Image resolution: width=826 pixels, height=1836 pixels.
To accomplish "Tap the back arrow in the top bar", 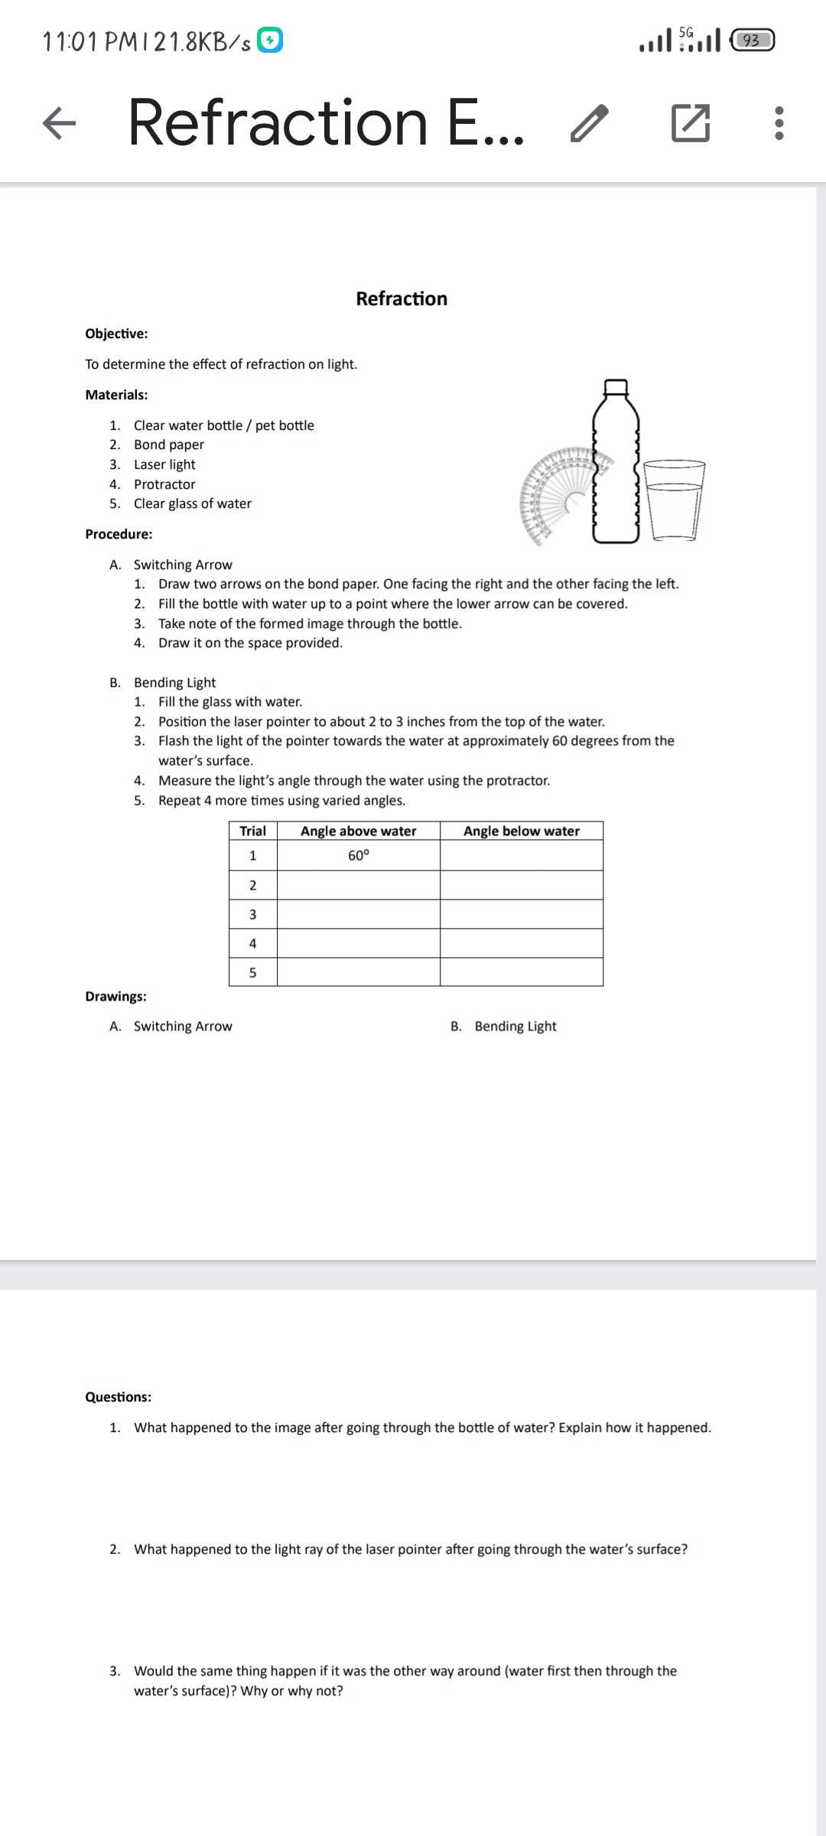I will tap(60, 123).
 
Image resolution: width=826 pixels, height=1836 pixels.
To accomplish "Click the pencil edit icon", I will tap(589, 123).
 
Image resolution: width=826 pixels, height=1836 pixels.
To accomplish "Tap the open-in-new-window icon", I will tap(690, 123).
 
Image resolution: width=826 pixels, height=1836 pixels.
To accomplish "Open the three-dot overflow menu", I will tap(779, 123).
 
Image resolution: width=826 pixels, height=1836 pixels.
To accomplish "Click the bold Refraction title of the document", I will tap(402, 298).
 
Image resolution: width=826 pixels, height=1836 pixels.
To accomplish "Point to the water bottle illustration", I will tap(616, 462).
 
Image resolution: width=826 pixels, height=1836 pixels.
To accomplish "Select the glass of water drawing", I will tap(674, 501).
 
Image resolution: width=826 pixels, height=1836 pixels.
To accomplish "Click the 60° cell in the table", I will tap(358, 856).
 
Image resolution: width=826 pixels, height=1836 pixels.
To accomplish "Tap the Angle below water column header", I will tap(522, 832).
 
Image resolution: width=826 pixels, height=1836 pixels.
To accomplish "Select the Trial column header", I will tap(252, 832).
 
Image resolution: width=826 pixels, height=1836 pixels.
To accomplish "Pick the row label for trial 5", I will tap(252, 972).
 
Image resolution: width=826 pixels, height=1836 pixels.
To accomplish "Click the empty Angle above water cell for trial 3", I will tap(358, 914).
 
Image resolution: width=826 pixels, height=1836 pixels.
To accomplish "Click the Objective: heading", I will tap(116, 334).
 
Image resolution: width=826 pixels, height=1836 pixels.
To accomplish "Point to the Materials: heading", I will tap(116, 395).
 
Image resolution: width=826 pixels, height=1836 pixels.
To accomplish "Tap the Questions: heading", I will tap(118, 1397).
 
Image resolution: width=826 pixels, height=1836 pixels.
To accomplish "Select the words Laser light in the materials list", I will tap(164, 464).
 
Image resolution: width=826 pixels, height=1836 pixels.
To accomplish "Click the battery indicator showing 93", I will tap(753, 40).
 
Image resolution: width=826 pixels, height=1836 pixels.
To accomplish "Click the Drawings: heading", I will tap(115, 996).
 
